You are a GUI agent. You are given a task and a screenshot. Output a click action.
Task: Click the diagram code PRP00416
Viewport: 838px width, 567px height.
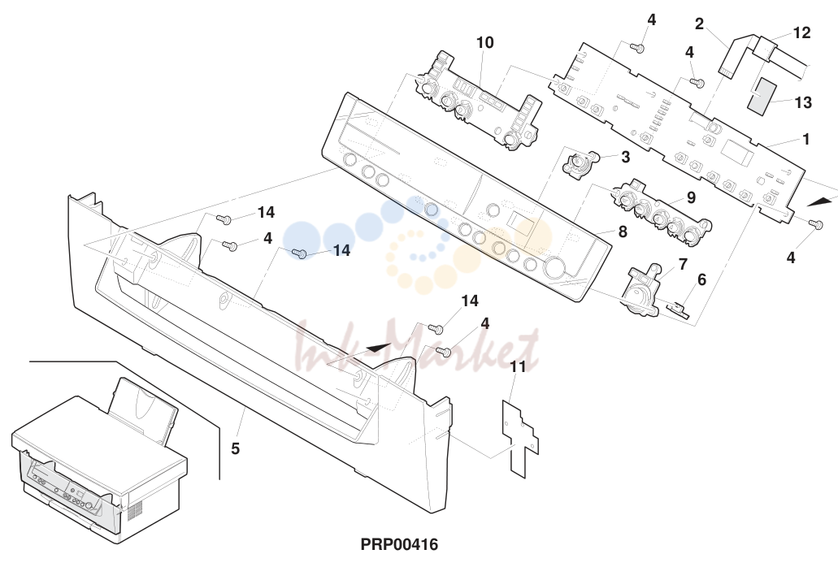pos(399,544)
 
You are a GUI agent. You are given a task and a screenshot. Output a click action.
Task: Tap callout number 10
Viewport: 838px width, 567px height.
pos(484,42)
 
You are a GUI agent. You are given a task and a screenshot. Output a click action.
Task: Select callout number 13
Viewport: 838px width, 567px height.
pos(803,102)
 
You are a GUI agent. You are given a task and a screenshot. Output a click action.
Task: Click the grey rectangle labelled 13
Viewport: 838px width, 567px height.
pos(761,96)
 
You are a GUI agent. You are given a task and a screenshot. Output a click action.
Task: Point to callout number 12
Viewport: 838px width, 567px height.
pos(801,32)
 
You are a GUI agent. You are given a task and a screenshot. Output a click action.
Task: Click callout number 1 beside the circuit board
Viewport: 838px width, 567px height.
pos(806,139)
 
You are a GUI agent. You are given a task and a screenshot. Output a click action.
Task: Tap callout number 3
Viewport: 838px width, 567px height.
pos(625,157)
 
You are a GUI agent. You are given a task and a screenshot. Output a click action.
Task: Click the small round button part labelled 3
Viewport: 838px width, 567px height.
pos(578,162)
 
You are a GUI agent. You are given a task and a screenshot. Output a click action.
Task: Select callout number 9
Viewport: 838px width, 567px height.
pos(691,197)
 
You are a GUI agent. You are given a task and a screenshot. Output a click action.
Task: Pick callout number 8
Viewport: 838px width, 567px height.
pos(623,232)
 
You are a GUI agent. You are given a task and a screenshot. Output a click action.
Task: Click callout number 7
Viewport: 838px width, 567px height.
pos(683,264)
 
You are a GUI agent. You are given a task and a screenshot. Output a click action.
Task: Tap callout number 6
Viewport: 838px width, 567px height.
pos(701,279)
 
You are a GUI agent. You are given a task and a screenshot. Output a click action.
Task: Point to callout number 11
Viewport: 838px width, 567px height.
pos(517,366)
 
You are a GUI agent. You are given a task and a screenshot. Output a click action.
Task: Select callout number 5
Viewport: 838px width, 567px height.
pos(235,448)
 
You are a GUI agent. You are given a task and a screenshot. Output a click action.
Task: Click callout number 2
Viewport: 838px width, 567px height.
pos(699,24)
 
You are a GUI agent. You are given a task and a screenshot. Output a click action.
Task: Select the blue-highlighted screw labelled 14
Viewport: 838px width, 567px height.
pos(302,253)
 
